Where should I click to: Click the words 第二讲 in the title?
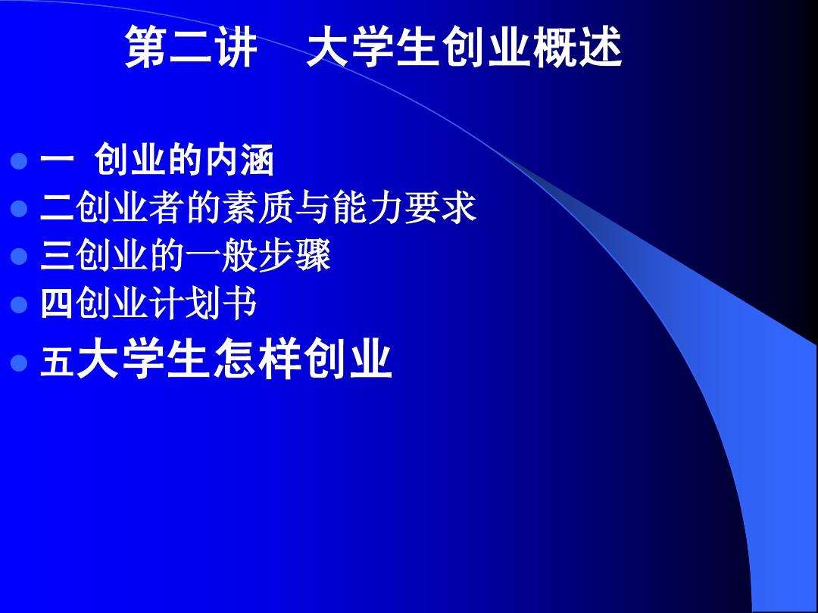[x=191, y=48]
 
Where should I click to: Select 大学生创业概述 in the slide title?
[x=464, y=48]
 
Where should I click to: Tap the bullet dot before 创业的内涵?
[x=20, y=161]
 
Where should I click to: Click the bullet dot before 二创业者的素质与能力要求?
[x=20, y=209]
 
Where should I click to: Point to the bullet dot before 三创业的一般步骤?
[x=20, y=258]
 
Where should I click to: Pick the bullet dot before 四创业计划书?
[x=20, y=306]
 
